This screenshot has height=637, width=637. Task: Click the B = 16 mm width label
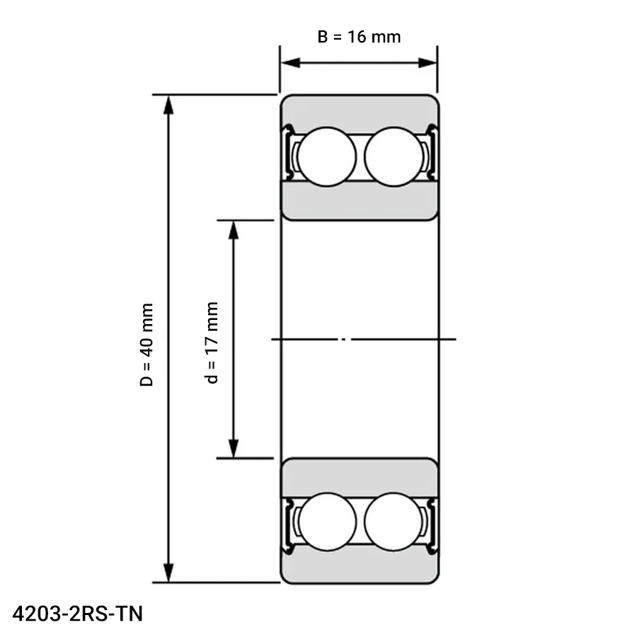pos(359,37)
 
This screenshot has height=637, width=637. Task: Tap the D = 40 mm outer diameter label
pos(147,345)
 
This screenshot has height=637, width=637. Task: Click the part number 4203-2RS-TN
pos(78,614)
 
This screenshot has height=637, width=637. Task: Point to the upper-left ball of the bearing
pos(326,157)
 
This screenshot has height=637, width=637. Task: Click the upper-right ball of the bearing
pos(394,157)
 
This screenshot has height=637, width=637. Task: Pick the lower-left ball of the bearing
pos(327,522)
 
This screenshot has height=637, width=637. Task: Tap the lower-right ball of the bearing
pos(394,522)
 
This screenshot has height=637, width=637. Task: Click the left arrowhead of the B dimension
pos(290,63)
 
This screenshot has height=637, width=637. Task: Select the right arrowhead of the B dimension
pos(427,63)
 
